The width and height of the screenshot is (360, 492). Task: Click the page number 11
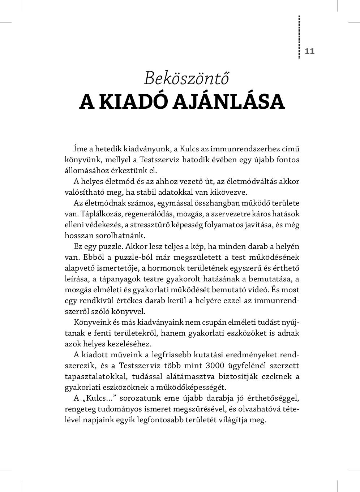(x=310, y=51)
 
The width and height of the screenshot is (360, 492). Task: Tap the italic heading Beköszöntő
(x=186, y=78)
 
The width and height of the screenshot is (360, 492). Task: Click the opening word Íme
(x=81, y=149)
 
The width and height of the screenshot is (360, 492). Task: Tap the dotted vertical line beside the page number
(x=299, y=37)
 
